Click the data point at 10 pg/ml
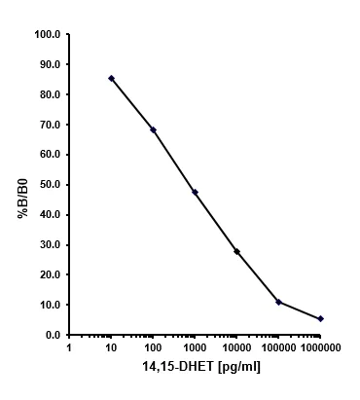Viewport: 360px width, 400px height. tap(111, 78)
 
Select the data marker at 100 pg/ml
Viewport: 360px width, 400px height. tap(153, 129)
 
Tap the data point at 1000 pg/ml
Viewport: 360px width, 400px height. tap(195, 192)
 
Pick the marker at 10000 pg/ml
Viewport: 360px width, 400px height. tap(236, 251)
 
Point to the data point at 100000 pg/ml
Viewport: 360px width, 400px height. tap(278, 302)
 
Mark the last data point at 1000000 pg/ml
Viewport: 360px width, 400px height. tap(320, 318)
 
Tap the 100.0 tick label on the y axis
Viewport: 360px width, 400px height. tap(47, 34)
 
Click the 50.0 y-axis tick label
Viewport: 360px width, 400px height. tap(49, 184)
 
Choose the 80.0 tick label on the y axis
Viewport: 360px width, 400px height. tap(49, 94)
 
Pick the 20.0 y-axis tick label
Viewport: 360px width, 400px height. tap(49, 274)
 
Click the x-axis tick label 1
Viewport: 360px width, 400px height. tap(69, 346)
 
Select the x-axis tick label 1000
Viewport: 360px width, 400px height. tap(195, 346)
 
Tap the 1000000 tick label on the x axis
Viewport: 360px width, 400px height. tap(320, 346)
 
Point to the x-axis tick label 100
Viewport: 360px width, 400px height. tap(153, 346)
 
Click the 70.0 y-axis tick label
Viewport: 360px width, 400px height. tap(49, 125)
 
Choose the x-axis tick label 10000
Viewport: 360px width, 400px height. tap(236, 346)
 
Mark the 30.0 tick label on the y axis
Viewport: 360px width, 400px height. tap(49, 244)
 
